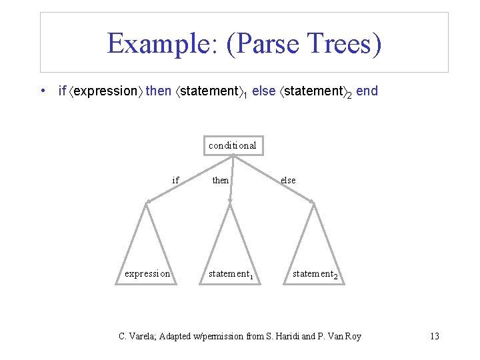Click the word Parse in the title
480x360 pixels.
point(266,44)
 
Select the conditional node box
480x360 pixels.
point(232,145)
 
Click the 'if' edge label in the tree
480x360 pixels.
point(175,180)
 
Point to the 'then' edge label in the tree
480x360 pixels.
point(221,180)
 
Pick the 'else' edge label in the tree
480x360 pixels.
point(288,180)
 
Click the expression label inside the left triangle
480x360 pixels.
point(147,273)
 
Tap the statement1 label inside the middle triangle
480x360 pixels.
point(231,273)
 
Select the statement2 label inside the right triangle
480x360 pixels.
point(315,274)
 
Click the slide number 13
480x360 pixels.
point(434,336)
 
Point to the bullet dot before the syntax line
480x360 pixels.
point(43,91)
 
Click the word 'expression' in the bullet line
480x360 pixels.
point(105,91)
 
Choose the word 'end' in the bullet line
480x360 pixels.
point(367,91)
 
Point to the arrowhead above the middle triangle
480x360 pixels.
point(230,200)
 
